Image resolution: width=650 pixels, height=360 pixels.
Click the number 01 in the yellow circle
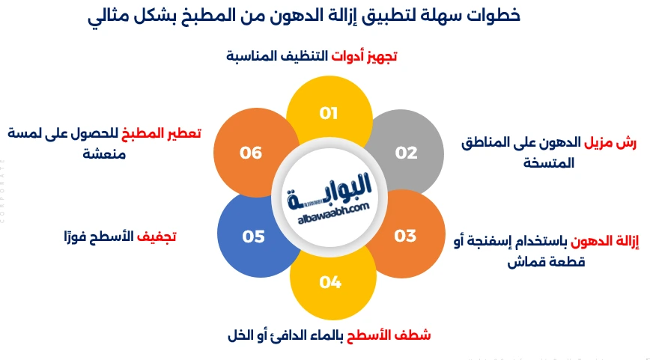click(328, 114)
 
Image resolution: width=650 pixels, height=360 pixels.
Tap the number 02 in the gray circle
click(406, 153)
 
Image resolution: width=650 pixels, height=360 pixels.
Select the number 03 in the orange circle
click(405, 236)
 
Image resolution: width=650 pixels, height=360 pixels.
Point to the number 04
click(330, 282)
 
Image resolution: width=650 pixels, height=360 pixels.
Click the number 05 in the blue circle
click(254, 237)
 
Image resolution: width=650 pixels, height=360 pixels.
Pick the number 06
click(252, 153)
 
